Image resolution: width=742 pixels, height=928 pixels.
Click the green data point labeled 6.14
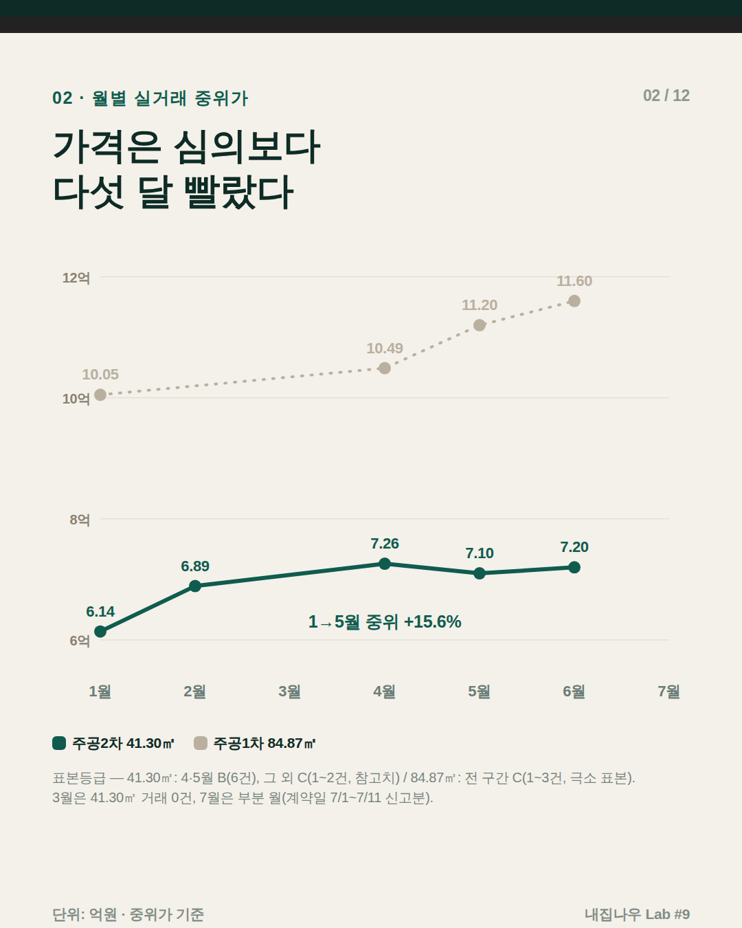pyautogui.click(x=100, y=631)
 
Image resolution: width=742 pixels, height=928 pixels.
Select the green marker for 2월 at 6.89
pyautogui.click(x=195, y=586)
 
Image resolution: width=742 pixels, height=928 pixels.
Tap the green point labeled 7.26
pyautogui.click(x=385, y=564)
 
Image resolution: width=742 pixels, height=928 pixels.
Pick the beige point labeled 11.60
pyautogui.click(x=574, y=301)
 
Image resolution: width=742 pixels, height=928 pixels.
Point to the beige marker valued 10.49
pyautogui.click(x=385, y=368)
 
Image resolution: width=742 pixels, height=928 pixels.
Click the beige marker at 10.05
pyautogui.click(x=100, y=395)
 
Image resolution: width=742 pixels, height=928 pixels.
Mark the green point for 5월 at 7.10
pyautogui.click(x=480, y=573)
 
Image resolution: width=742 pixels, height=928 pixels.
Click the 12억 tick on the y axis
pyautogui.click(x=76, y=278)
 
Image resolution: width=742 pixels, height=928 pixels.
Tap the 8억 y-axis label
pyautogui.click(x=80, y=520)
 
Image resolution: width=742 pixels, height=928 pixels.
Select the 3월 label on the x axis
pyautogui.click(x=289, y=692)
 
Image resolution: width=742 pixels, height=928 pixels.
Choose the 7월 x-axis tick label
pyautogui.click(x=668, y=692)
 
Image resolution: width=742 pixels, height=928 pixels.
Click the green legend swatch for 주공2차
pyautogui.click(x=59, y=743)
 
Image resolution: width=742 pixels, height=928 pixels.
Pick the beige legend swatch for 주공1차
pyautogui.click(x=201, y=743)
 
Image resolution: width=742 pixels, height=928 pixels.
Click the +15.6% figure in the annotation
pyautogui.click(x=432, y=622)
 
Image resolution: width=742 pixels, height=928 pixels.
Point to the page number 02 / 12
pyautogui.click(x=666, y=96)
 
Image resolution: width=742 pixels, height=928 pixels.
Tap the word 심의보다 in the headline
pyautogui.click(x=247, y=147)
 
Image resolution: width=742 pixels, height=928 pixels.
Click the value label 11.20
pyautogui.click(x=480, y=305)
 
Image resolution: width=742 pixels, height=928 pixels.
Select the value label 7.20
pyautogui.click(x=574, y=546)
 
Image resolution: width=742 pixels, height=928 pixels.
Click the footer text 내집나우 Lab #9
pyautogui.click(x=638, y=914)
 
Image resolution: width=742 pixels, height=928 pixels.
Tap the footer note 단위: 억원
pyautogui.click(x=85, y=914)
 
